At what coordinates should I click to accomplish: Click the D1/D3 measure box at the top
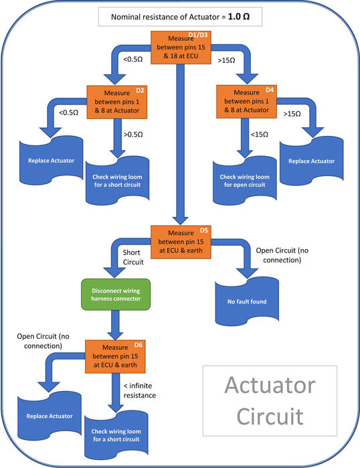pos(181,48)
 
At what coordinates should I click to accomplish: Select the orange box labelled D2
pos(117,102)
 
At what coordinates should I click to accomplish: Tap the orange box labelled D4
pos(246,102)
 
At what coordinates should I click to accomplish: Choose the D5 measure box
pos(181,242)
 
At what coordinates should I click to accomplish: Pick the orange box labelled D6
pos(115,356)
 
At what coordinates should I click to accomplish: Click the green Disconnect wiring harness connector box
pos(116,295)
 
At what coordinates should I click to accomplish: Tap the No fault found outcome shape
pos(247,301)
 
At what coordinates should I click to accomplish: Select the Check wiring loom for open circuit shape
pos(245,181)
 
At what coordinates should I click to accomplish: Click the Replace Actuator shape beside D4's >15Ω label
pos(311,161)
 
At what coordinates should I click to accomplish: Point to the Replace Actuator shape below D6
pos(50,416)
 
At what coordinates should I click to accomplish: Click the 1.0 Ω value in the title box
pos(239,17)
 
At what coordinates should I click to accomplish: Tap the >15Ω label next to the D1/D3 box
pos(226,60)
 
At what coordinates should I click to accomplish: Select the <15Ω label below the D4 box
pos(259,135)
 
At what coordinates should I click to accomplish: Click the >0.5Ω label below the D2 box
pos(133,135)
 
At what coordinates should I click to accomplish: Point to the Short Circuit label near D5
pos(133,257)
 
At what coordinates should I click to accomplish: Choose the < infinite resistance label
pos(140,390)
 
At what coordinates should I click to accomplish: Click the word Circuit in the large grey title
pos(270,416)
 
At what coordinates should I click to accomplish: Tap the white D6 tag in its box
pos(138,345)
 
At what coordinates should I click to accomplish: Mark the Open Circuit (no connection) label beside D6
pos(43,341)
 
